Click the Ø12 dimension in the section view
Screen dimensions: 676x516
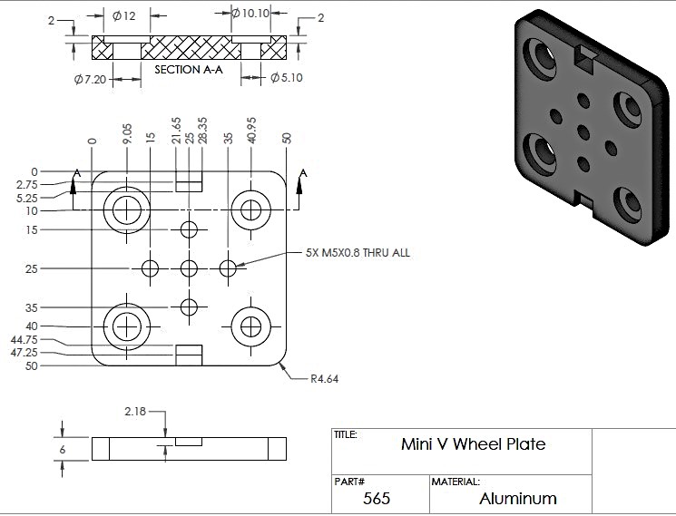point(123,16)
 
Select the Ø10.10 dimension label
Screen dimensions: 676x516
point(250,14)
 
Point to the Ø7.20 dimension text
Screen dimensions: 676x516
point(90,80)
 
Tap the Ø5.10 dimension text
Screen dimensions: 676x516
point(286,77)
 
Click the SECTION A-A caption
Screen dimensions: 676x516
point(189,69)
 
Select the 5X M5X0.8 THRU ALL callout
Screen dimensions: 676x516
point(358,252)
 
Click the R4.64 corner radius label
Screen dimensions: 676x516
point(324,378)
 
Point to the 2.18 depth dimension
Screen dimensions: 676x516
point(135,412)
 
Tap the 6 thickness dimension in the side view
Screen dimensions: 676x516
point(63,450)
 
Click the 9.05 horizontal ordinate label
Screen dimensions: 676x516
point(127,134)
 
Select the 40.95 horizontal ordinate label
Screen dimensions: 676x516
point(251,130)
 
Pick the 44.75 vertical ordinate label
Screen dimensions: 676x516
point(24,340)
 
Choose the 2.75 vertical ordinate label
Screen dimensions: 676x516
point(26,185)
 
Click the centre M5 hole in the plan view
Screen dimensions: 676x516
point(189,268)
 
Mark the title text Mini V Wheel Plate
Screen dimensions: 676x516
point(473,444)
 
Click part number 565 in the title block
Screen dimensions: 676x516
point(377,499)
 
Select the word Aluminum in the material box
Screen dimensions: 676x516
point(518,499)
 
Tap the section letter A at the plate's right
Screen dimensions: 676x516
point(303,173)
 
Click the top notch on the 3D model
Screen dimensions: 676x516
point(585,57)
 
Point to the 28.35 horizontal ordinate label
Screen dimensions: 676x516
point(202,130)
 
